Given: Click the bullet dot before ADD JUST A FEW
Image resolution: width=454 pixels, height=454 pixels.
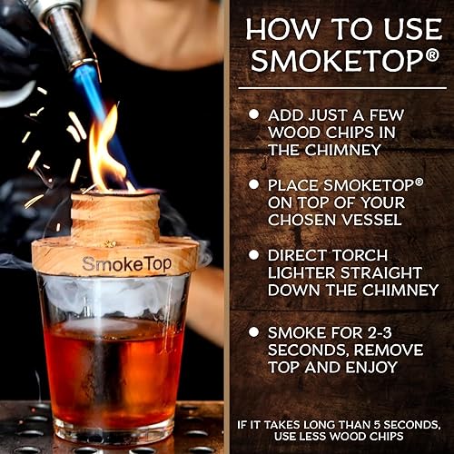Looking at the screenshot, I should point(253,113).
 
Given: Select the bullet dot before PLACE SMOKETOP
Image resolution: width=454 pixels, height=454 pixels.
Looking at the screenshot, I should point(253,184).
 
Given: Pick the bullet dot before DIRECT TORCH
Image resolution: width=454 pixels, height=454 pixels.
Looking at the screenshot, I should point(253,253).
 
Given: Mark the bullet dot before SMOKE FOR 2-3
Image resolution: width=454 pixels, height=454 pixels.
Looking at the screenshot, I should point(253,331).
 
